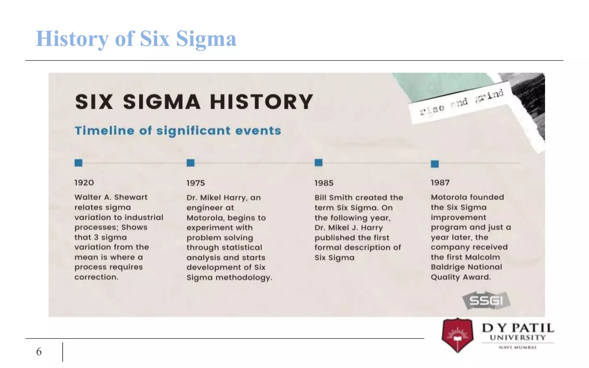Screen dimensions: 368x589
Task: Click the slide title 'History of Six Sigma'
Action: point(136,39)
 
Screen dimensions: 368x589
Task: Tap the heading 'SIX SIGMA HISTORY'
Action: point(194,102)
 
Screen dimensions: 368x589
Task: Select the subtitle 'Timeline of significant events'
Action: point(178,131)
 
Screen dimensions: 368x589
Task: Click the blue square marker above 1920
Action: point(78,163)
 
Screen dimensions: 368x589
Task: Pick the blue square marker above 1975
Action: point(190,163)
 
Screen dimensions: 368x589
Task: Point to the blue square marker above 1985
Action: point(318,163)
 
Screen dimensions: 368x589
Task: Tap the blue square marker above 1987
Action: point(435,164)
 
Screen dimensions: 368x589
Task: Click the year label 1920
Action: point(84,183)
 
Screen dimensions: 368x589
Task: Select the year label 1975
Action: point(196,183)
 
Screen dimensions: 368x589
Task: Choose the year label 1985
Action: point(324,183)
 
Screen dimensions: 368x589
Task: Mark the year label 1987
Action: point(440,183)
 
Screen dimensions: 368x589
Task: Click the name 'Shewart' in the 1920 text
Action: point(131,197)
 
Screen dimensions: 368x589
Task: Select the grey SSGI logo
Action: point(486,301)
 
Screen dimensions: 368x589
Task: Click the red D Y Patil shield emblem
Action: point(457,335)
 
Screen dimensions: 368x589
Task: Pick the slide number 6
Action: point(39,352)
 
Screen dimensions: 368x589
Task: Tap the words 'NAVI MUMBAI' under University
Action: point(517,347)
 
